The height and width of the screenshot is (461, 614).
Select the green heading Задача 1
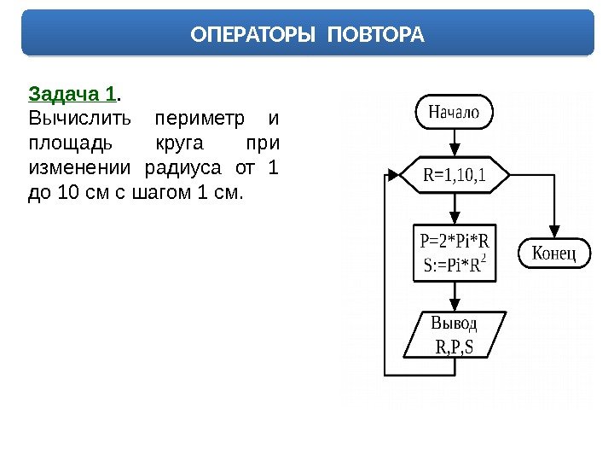73,93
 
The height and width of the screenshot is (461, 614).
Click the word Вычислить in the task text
72,117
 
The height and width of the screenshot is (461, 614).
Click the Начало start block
454,112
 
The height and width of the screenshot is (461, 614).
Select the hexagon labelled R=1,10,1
454,175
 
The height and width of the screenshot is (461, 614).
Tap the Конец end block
555,253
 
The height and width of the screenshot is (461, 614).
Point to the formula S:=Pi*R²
455,266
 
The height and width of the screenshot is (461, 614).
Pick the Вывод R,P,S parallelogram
455,335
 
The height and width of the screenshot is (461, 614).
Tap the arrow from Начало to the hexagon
454,143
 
